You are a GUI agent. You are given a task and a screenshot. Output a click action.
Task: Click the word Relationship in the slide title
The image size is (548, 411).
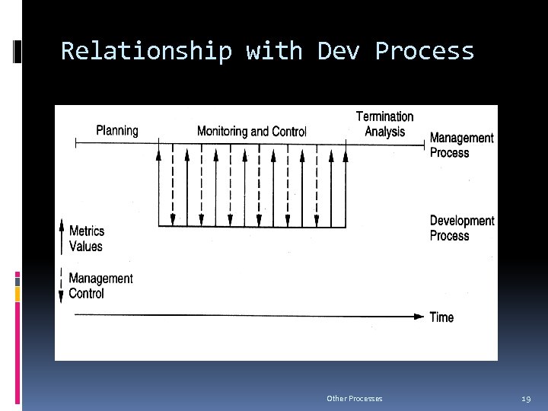click(x=146, y=51)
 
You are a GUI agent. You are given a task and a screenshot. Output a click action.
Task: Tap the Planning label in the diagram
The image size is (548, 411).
click(x=117, y=130)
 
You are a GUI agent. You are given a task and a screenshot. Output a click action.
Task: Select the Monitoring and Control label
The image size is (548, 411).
click(x=251, y=131)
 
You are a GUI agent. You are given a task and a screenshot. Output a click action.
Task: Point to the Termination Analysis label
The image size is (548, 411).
click(x=384, y=123)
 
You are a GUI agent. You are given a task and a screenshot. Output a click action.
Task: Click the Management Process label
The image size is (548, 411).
click(x=461, y=145)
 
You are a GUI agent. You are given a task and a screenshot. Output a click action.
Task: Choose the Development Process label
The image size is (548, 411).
click(x=461, y=228)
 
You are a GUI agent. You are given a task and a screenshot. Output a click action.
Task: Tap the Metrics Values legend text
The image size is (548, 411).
click(x=86, y=238)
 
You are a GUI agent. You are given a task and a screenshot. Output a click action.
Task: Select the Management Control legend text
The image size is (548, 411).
click(x=100, y=285)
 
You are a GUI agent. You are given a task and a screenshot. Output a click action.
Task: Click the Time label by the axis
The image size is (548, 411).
click(x=441, y=317)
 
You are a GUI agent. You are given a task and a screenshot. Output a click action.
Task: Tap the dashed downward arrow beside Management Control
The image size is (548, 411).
click(x=62, y=286)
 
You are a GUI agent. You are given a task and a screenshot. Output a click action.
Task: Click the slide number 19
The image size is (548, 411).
click(x=526, y=398)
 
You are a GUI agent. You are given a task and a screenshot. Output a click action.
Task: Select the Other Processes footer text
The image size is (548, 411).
click(x=354, y=398)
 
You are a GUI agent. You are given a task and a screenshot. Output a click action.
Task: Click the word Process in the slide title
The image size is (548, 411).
click(x=425, y=51)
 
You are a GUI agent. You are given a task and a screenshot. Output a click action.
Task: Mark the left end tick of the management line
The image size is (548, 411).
click(x=75, y=142)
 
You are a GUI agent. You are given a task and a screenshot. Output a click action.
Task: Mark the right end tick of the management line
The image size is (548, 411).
click(x=425, y=142)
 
